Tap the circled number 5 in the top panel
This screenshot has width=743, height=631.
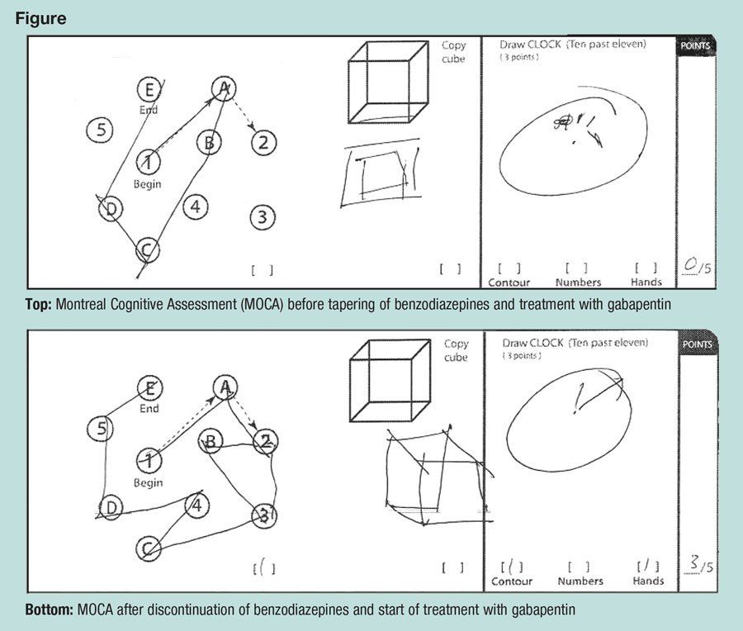[101, 129]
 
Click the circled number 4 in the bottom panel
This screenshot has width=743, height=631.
[196, 505]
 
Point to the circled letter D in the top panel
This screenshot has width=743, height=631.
[110, 210]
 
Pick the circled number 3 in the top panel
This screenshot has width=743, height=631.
[262, 217]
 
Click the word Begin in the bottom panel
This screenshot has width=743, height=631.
[149, 482]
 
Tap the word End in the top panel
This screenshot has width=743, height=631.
[149, 109]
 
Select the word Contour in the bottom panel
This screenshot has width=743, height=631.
[510, 581]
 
